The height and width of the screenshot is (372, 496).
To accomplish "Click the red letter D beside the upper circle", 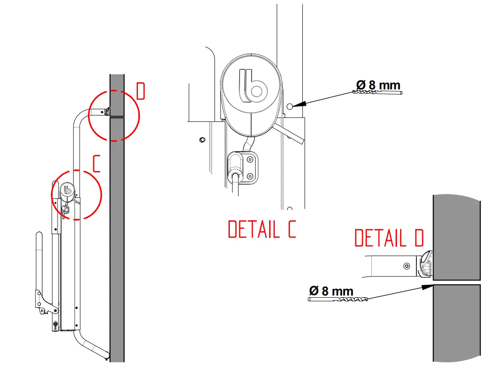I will click(141, 92).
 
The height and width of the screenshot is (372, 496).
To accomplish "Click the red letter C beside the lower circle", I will click(97, 164).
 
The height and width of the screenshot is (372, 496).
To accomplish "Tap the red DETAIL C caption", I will click(261, 229).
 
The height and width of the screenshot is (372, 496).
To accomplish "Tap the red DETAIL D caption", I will click(389, 238).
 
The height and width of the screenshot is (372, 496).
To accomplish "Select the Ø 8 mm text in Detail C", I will click(378, 84).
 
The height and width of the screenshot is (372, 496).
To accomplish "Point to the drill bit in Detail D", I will click(338, 299).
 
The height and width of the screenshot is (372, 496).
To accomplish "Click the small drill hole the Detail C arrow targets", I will click(289, 106).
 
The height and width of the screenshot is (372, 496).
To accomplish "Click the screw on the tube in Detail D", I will click(407, 266).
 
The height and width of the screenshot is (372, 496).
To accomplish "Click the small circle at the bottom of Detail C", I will click(290, 208).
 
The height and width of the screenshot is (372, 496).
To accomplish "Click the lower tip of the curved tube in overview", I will click(107, 355).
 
